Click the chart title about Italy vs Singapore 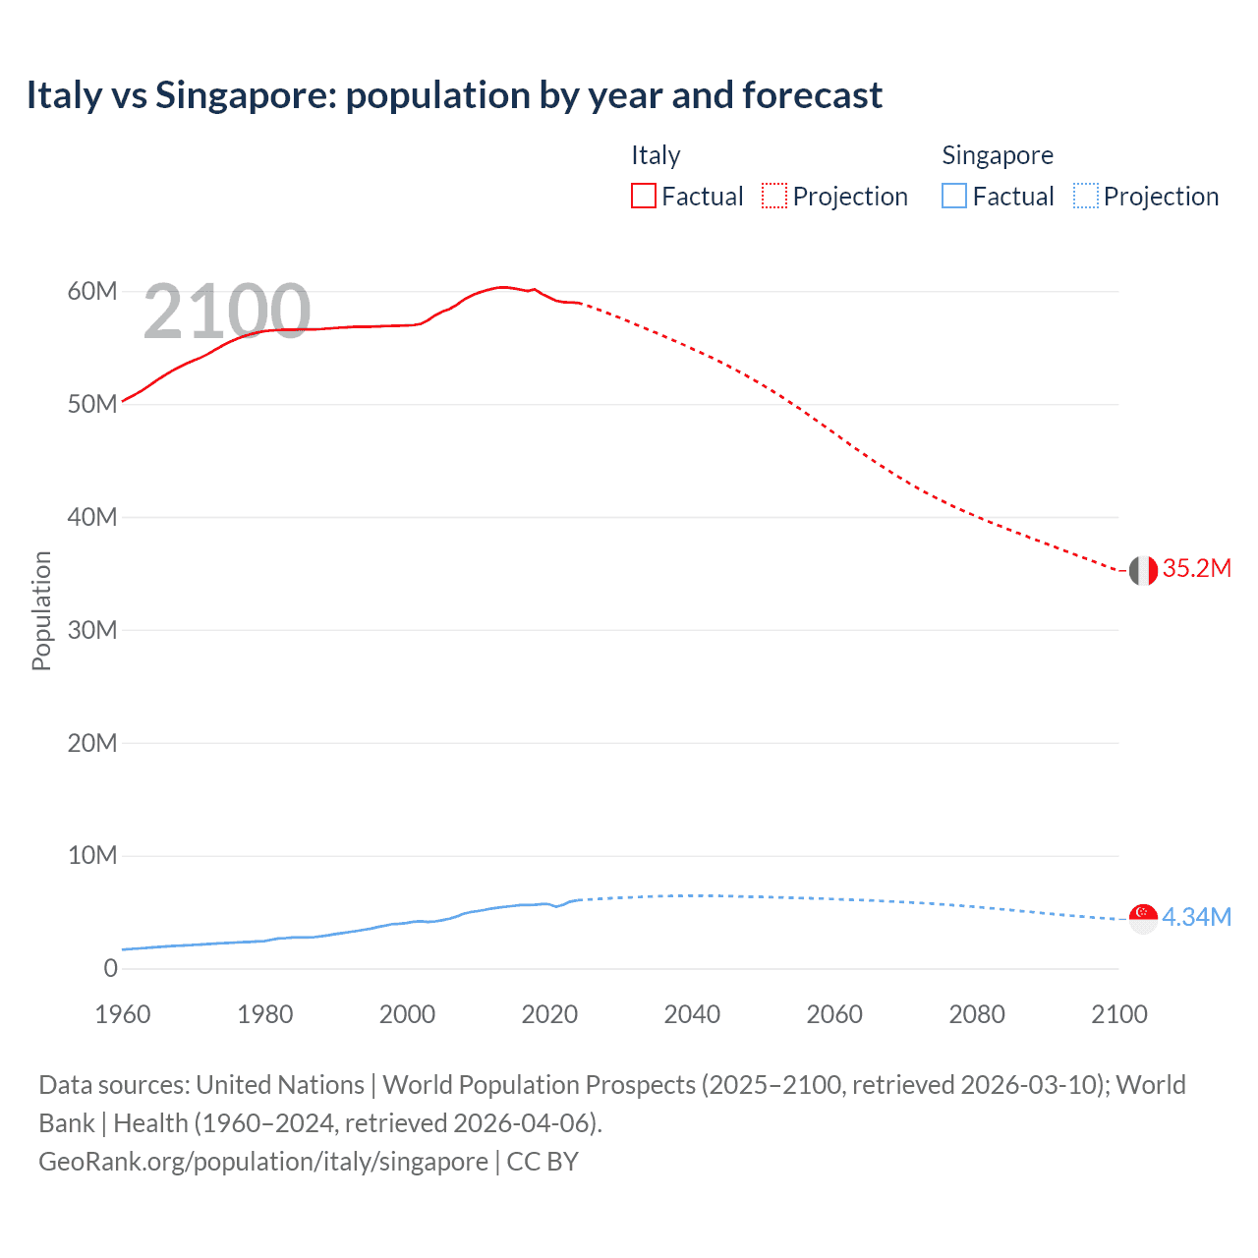454,95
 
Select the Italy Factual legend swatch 643,197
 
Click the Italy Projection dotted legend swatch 773,197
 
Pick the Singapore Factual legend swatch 953,197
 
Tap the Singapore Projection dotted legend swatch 1085,197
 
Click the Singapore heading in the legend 997,155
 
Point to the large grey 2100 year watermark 227,312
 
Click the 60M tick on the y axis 92,292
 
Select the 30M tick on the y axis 92,630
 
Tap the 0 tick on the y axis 110,969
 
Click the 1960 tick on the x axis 123,1014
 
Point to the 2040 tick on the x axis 692,1014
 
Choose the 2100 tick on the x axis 1118,1014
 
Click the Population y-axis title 41,610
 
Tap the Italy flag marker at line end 1143,570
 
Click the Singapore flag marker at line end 1143,918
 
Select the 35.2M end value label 1196,569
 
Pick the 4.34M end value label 1196,918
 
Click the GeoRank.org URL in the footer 263,1162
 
